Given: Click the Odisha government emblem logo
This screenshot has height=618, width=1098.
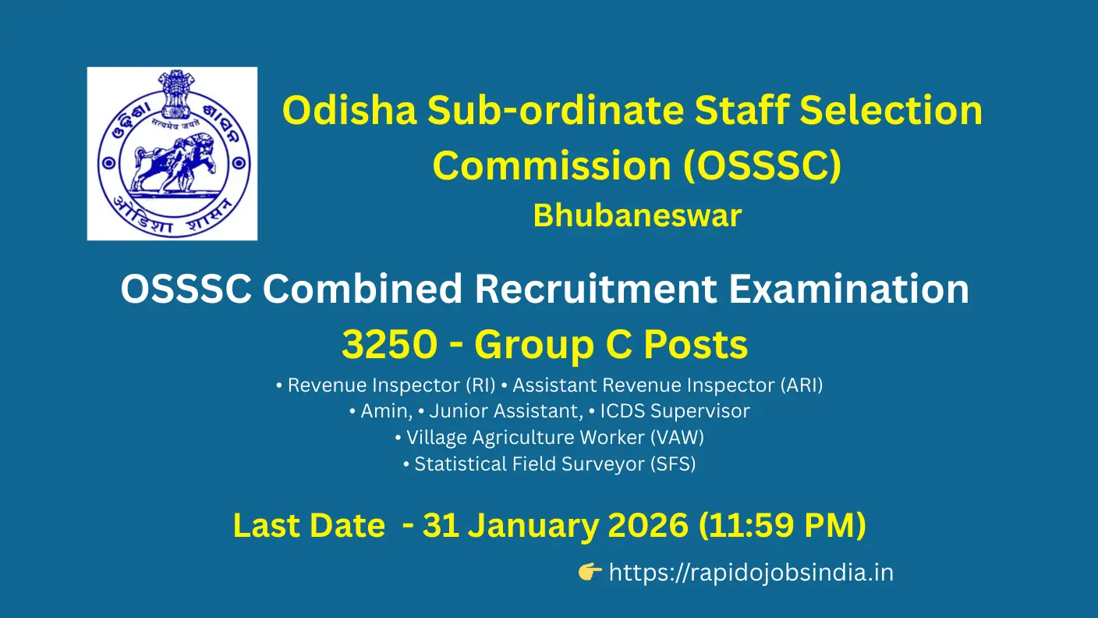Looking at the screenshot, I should [172, 153].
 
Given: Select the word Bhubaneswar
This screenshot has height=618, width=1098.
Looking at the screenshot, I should [637, 216].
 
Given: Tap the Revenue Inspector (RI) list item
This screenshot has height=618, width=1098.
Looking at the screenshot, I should [386, 385].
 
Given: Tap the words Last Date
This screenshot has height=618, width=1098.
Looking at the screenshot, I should [309, 525].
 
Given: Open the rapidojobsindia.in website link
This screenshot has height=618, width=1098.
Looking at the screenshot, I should [750, 574].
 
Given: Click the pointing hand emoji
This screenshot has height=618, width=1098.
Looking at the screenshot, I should [590, 574].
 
